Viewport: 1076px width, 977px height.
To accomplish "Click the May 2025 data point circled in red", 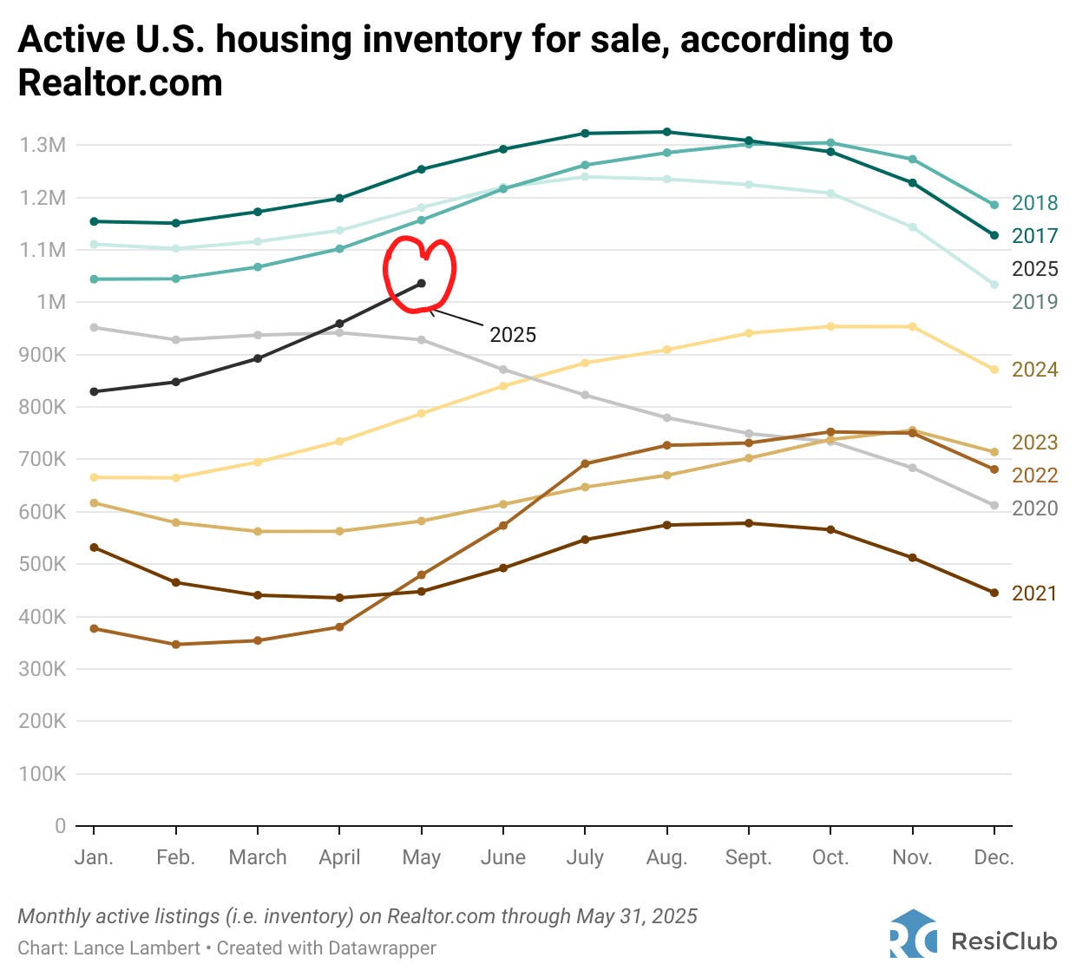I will [421, 283].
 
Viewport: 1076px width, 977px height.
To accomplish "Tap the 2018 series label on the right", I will [1034, 203].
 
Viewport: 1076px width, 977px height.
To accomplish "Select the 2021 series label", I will [1034, 593].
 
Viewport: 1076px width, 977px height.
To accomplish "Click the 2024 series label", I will [1034, 370].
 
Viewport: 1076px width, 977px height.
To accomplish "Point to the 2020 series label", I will [1034, 508].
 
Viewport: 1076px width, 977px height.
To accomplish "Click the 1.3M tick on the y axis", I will [43, 145].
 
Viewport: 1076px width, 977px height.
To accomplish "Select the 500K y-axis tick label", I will [43, 564].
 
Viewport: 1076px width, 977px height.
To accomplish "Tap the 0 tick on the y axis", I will [60, 826].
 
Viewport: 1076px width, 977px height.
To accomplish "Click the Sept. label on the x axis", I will [748, 858].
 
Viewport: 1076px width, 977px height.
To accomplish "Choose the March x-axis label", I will [258, 858].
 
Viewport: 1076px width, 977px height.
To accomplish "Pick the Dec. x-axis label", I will [994, 858].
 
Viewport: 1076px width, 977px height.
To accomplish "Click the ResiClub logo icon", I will [913, 934].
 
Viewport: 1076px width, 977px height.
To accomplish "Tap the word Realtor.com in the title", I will [121, 83].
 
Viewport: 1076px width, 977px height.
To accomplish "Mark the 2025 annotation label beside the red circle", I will [513, 335].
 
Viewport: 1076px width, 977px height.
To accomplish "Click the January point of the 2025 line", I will [94, 391].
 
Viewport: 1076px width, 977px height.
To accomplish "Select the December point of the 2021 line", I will [994, 593].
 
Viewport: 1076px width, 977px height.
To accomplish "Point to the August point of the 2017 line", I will [666, 132].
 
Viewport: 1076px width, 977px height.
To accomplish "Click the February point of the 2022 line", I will [176, 645].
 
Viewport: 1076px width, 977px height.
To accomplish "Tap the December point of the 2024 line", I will [994, 370].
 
